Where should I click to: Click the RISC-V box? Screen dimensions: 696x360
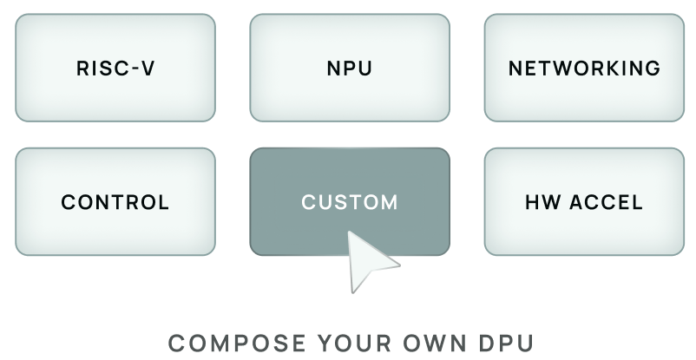pyautogui.click(x=115, y=68)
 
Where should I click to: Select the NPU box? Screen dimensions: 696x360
pyautogui.click(x=350, y=68)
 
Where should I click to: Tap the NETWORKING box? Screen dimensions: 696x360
pyautogui.click(x=584, y=68)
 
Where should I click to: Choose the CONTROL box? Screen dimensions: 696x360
pyautogui.click(x=115, y=202)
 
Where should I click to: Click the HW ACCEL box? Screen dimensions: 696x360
pyautogui.click(x=584, y=202)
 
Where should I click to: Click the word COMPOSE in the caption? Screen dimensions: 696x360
pyautogui.click(x=237, y=344)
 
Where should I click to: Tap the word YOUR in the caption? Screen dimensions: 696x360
pyautogui.click(x=355, y=344)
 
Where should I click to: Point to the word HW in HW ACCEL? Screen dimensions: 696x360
pyautogui.click(x=542, y=202)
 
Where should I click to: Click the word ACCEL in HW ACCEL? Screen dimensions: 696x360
pyautogui.click(x=606, y=202)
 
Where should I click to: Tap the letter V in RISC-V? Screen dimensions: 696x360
pyautogui.click(x=148, y=69)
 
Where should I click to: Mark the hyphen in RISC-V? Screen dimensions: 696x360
pyautogui.click(x=132, y=69)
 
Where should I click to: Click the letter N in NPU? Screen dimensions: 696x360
pyautogui.click(x=334, y=69)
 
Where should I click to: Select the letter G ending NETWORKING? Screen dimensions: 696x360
pyautogui.click(x=653, y=69)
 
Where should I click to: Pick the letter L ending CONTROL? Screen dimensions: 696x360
pyautogui.click(x=163, y=202)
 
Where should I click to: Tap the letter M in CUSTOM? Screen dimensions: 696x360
pyautogui.click(x=389, y=202)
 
